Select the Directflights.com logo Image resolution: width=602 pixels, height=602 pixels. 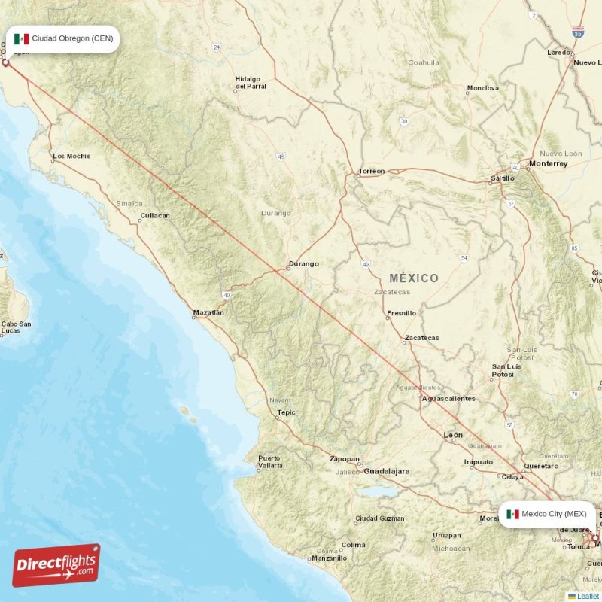pos(56,564)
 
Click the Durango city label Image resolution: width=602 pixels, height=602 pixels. pos(304,264)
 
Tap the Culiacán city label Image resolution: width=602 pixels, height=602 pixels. pos(155,216)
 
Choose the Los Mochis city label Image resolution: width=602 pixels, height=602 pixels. pos(71,157)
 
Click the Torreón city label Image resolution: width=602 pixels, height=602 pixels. pos(372,172)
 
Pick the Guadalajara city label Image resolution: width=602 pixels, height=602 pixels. pos(387,471)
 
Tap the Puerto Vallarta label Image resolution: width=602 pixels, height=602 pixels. pos(270,462)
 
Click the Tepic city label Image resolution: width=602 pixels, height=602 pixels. pos(286,412)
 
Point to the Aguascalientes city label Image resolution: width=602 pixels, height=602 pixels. pos(448,399)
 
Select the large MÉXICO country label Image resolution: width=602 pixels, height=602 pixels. pos(414,278)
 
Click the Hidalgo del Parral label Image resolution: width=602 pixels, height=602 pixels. pos(251,83)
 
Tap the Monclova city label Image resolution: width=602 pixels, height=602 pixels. pos(483,88)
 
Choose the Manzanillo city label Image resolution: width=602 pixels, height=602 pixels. pos(330,558)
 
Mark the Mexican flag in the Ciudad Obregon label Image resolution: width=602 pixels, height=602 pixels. pos(22,39)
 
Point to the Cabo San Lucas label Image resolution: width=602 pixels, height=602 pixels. pos(15,327)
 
